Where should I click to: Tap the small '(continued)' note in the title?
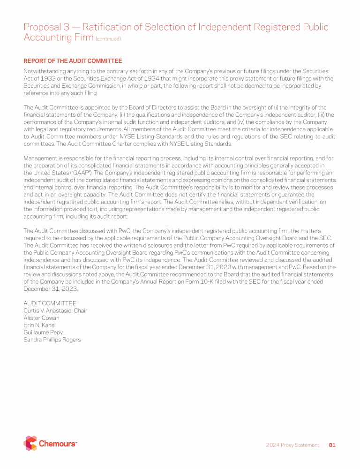point(108,39)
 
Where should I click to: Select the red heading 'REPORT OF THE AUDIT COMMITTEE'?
point(73,61)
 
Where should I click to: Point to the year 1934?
point(149,79)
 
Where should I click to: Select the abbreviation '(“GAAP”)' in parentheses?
point(80,173)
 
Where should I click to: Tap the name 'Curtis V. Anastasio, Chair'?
point(55,310)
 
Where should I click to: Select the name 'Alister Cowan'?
point(41,318)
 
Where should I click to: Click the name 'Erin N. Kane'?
point(39,325)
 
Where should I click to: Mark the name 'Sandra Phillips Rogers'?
point(52,340)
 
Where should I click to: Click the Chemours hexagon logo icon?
point(30,443)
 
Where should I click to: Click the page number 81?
point(332,445)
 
